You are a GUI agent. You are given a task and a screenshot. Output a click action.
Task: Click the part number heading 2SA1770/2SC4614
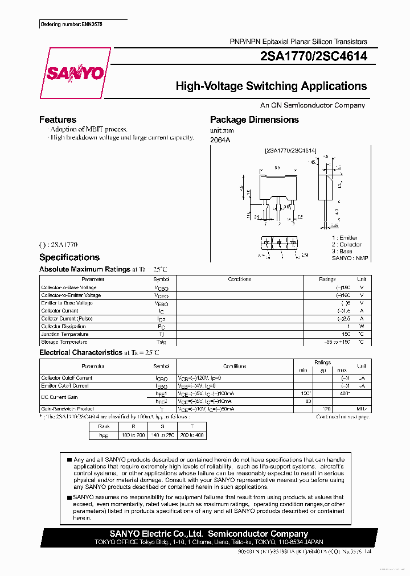pos(313,56)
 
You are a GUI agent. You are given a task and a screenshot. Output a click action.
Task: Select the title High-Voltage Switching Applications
pos(271,87)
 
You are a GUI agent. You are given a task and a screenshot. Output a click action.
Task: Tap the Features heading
pos(58,120)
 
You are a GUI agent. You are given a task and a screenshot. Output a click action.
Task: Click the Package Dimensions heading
pos(254,120)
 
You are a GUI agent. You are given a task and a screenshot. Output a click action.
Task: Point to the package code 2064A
pos(220,139)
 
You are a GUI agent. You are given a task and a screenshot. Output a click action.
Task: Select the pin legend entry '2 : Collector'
pos(347,245)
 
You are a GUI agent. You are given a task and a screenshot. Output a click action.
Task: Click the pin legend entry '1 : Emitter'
pos(345,238)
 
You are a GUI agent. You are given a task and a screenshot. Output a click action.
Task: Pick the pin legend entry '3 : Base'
pos(342,252)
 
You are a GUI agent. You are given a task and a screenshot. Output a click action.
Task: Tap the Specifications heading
pos(69,257)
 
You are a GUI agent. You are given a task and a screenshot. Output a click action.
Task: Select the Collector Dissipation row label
pos(64,327)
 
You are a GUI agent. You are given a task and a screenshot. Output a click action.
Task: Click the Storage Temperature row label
pos(64,342)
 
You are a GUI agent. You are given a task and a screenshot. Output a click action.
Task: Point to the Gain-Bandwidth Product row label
pos(67,409)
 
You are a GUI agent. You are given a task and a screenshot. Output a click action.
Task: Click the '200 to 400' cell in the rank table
pos(192,435)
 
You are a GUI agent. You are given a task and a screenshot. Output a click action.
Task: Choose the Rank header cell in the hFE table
pos(104,426)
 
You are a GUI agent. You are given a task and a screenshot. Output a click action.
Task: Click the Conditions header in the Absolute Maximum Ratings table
pos(239,279)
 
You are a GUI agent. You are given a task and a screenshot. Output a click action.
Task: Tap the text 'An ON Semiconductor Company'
pos(313,105)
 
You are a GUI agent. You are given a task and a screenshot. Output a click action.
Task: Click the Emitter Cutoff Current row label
pos(65,386)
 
